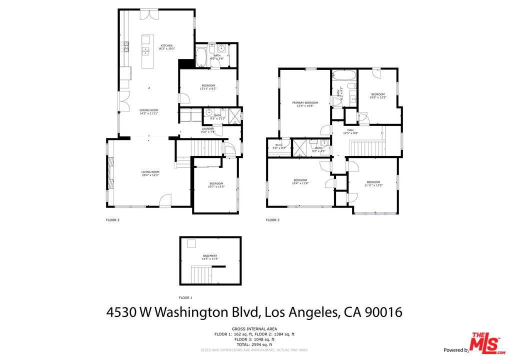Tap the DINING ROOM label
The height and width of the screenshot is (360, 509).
(149, 110)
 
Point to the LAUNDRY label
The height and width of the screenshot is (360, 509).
(208, 128)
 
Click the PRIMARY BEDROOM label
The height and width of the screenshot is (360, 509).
(305, 102)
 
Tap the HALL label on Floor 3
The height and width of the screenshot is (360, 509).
(350, 130)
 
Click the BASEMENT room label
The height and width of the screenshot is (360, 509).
(210, 256)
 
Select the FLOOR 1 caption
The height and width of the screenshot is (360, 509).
(185, 297)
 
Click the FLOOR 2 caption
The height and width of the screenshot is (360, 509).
(112, 220)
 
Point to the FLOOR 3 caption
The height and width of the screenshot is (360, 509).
(272, 220)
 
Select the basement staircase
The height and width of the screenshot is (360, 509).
(202, 274)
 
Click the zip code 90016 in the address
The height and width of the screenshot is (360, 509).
(383, 312)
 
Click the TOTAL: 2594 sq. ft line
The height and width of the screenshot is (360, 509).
(254, 344)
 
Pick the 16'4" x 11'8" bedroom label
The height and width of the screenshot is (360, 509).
(300, 180)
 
